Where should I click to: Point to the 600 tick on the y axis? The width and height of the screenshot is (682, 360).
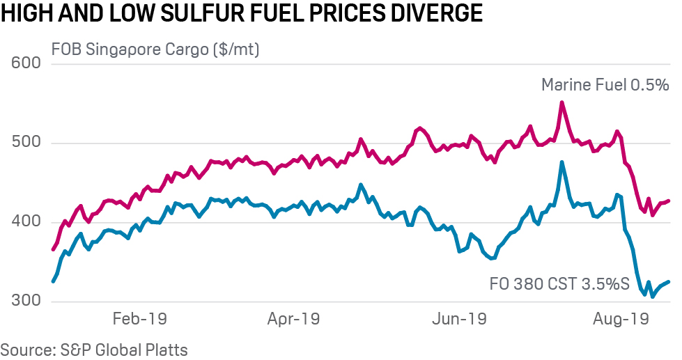point(28,64)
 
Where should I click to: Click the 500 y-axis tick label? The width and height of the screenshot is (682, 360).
point(28,143)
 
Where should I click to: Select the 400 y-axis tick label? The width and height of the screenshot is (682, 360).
point(28,223)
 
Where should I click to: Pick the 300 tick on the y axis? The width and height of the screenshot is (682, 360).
point(28,302)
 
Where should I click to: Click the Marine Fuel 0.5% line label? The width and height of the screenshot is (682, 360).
point(605,85)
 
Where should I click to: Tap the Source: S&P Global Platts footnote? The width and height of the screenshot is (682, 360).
point(94,349)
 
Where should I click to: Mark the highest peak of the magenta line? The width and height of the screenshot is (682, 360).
point(562,102)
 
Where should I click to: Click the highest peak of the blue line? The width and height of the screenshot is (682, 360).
point(562,162)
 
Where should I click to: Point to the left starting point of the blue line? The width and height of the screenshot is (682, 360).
point(53,281)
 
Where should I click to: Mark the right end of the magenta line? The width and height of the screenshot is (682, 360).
point(669,201)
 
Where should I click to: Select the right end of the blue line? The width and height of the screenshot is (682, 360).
point(669,282)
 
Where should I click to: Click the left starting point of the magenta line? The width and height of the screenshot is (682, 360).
point(53,249)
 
